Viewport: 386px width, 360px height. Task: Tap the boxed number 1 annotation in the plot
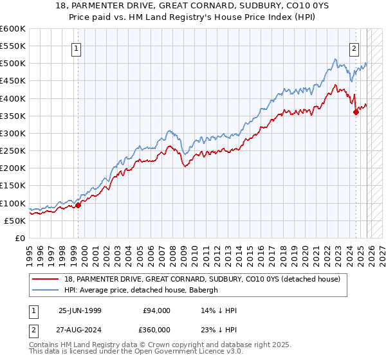77,48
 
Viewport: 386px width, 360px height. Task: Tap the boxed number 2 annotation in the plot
354,48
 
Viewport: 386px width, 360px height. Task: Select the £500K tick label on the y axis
13,64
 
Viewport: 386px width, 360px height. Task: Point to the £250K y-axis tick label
13,150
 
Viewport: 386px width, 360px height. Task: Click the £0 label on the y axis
20,238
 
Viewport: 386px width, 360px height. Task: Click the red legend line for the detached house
46,279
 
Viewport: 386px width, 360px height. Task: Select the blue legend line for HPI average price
46,290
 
